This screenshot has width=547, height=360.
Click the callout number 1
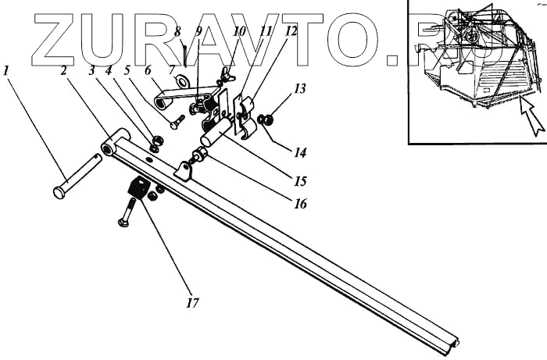7,70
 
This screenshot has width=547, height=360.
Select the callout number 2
65,70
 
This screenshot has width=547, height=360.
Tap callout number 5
127,70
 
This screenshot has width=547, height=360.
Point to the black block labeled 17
138,187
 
